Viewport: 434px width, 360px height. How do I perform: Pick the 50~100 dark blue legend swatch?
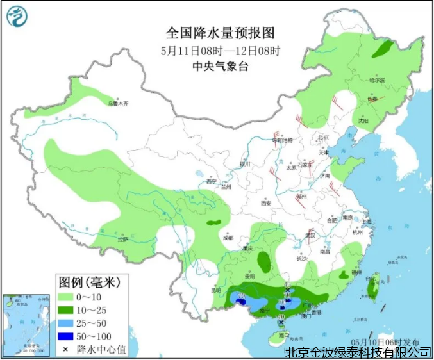(67, 336)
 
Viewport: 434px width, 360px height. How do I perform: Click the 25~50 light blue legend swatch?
(67, 323)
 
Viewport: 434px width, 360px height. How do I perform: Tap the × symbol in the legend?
(67, 349)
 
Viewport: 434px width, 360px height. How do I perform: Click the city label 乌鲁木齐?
(118, 103)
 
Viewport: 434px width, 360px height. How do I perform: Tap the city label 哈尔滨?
(377, 81)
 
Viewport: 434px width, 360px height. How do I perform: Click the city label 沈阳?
(363, 120)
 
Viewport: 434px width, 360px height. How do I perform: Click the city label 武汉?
(312, 235)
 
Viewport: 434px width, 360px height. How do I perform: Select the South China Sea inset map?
(25, 325)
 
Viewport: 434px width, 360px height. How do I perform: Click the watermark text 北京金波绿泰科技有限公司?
(358, 352)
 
